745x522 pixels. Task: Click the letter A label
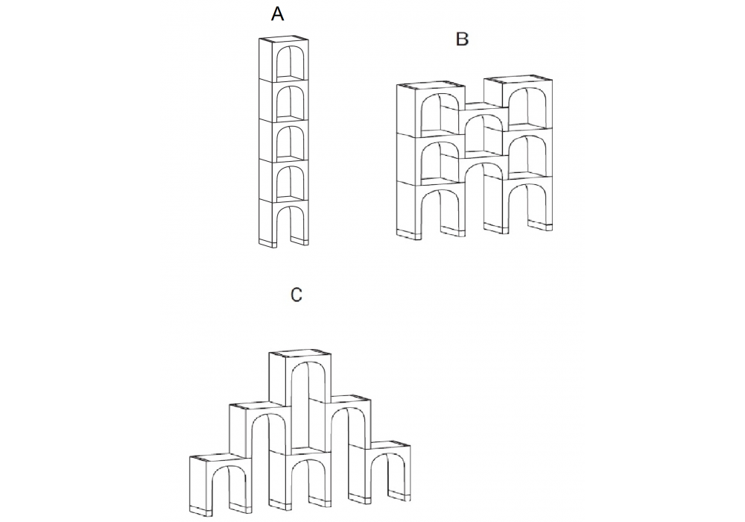click(277, 13)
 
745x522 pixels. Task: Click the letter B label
click(462, 39)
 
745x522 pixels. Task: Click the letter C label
click(296, 295)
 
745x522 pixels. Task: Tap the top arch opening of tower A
click(289, 62)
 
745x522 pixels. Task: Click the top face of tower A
click(284, 39)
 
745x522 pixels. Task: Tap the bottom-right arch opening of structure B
click(527, 204)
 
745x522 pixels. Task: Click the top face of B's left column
click(431, 86)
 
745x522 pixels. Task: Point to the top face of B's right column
click(518, 79)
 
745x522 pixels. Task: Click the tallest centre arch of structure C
click(308, 404)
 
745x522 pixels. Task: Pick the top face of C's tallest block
click(299, 353)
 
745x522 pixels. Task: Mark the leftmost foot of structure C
click(199, 509)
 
